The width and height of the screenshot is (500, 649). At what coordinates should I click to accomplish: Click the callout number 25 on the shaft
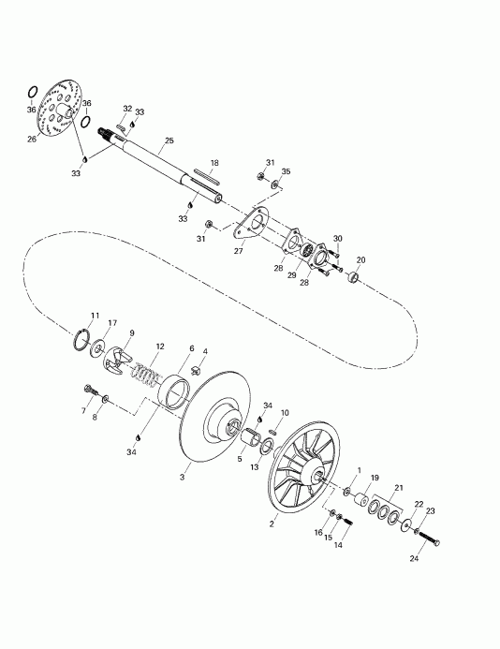[x=169, y=140]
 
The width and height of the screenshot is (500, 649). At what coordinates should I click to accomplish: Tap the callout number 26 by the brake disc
[x=32, y=139]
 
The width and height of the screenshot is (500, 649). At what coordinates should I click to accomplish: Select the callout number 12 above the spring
[x=160, y=347]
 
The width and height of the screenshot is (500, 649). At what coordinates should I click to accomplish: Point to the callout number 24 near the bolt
[x=414, y=558]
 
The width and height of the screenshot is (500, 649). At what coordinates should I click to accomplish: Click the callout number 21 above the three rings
[x=399, y=488]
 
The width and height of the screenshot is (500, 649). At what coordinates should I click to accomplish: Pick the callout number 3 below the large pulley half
[x=183, y=478]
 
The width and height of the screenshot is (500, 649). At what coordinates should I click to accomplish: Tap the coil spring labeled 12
[x=146, y=375]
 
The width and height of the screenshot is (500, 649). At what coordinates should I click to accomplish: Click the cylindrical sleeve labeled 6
[x=174, y=392]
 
